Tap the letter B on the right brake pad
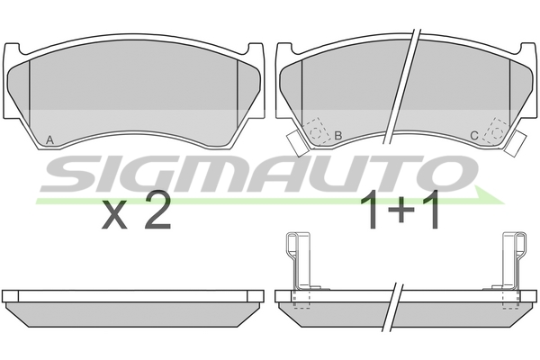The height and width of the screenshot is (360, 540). pyautogui.click(x=337, y=136)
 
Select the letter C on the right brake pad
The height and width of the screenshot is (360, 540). pyautogui.click(x=474, y=136)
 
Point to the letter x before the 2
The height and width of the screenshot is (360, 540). pyautogui.click(x=114, y=217)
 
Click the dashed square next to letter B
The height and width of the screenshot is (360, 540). pyautogui.click(x=316, y=130)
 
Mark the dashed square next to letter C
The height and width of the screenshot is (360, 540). pyautogui.click(x=494, y=130)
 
